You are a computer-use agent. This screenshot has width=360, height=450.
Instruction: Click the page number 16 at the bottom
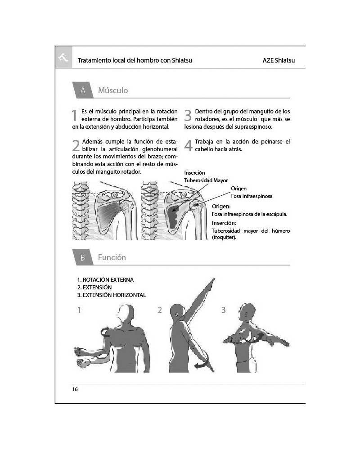tap(75, 389)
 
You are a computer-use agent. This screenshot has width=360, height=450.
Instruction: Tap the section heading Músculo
tap(113, 90)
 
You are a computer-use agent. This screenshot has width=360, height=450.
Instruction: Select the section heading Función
tap(112, 257)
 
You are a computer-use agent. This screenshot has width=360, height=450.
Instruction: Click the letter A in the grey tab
tap(83, 90)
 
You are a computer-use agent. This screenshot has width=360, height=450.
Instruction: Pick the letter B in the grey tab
tap(83, 257)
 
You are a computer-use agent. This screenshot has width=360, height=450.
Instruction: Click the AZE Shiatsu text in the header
tap(279, 60)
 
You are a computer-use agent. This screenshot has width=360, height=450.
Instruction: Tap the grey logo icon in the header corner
tap(63, 57)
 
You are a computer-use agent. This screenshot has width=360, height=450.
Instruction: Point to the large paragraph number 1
tap(74, 115)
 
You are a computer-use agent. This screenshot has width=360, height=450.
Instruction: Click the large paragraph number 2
tap(76, 145)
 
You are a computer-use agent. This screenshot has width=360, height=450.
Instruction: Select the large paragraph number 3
tap(188, 115)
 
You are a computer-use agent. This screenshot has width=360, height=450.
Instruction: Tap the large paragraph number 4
tap(189, 145)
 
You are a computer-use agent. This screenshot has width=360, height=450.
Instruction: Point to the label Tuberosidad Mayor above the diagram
tap(206, 180)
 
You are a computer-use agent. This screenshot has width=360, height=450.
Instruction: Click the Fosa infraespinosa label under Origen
tap(252, 196)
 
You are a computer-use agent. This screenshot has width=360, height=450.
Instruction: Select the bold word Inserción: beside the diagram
tap(224, 223)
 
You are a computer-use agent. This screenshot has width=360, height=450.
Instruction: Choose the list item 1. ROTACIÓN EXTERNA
tap(105, 280)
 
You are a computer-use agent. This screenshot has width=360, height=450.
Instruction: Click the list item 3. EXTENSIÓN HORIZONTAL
tap(112, 295)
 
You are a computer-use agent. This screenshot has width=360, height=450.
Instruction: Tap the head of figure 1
tap(126, 313)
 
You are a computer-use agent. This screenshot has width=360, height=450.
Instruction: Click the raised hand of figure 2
tap(211, 283)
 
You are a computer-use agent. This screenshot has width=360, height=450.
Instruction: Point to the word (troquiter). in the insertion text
tap(224, 237)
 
